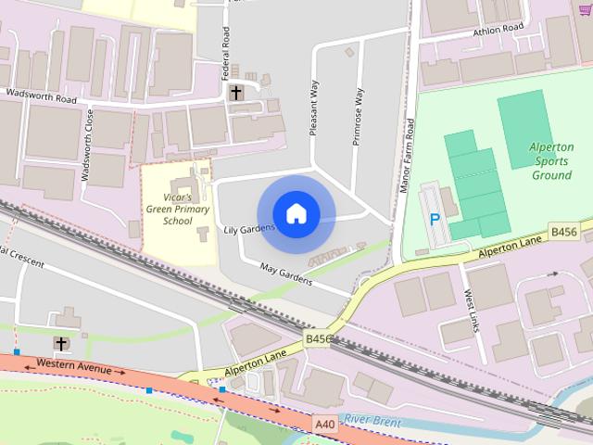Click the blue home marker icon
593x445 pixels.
pyautogui.click(x=296, y=213)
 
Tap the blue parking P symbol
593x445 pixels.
pyautogui.click(x=435, y=221)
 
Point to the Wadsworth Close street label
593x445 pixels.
pyautogui.click(x=88, y=146)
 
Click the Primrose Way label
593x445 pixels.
pyautogui.click(x=358, y=116)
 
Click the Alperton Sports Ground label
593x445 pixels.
pyautogui.click(x=552, y=161)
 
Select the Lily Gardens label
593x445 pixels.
pyautogui.click(x=248, y=228)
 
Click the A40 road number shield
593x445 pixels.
pyautogui.click(x=324, y=424)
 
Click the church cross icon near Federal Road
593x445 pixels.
pyautogui.click(x=236, y=93)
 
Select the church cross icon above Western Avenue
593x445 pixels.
pyautogui.click(x=61, y=344)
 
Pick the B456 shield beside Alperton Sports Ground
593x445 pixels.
pyautogui.click(x=563, y=230)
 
